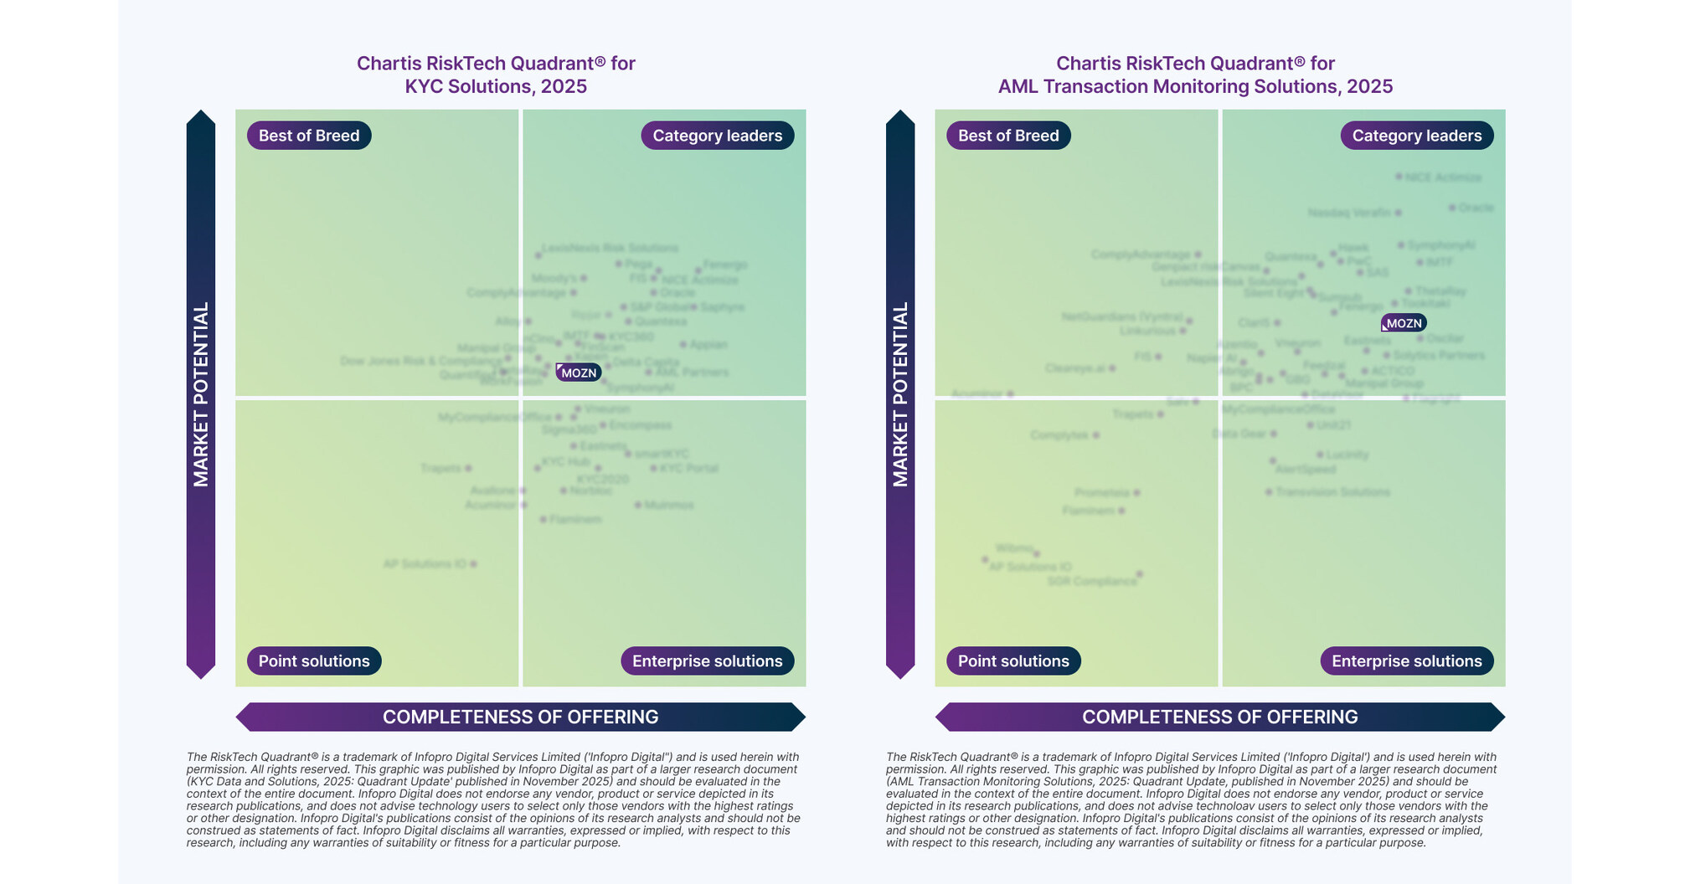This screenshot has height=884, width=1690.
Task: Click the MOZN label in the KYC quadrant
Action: coord(579,373)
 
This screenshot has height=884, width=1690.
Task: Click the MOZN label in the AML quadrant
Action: coord(1404,323)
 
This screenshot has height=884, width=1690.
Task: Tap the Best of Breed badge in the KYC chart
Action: coord(309,136)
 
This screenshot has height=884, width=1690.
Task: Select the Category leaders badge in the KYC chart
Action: coord(717,136)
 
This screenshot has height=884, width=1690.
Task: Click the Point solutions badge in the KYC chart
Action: coord(314,660)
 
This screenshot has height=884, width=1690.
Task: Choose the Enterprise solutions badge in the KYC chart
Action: coord(707,660)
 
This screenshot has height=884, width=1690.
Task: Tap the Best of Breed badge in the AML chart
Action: coord(1008,136)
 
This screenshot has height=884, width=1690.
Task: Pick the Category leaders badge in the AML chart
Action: coord(1416,136)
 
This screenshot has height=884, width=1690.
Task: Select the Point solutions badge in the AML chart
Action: coord(1013,660)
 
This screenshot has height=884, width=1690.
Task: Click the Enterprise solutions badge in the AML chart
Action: coord(1406,660)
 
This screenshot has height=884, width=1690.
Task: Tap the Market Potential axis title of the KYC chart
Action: coord(201,394)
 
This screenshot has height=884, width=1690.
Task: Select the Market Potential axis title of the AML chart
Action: coord(900,394)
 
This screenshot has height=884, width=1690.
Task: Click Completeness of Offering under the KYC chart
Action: coord(520,717)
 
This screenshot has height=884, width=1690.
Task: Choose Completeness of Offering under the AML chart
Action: coord(1219,717)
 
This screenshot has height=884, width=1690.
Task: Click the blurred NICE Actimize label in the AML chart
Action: coord(1443,177)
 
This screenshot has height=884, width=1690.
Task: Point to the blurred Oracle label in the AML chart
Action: coord(1476,208)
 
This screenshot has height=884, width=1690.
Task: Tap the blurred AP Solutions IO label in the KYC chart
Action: coord(425,564)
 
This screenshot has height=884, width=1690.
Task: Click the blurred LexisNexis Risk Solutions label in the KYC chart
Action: coord(610,248)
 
